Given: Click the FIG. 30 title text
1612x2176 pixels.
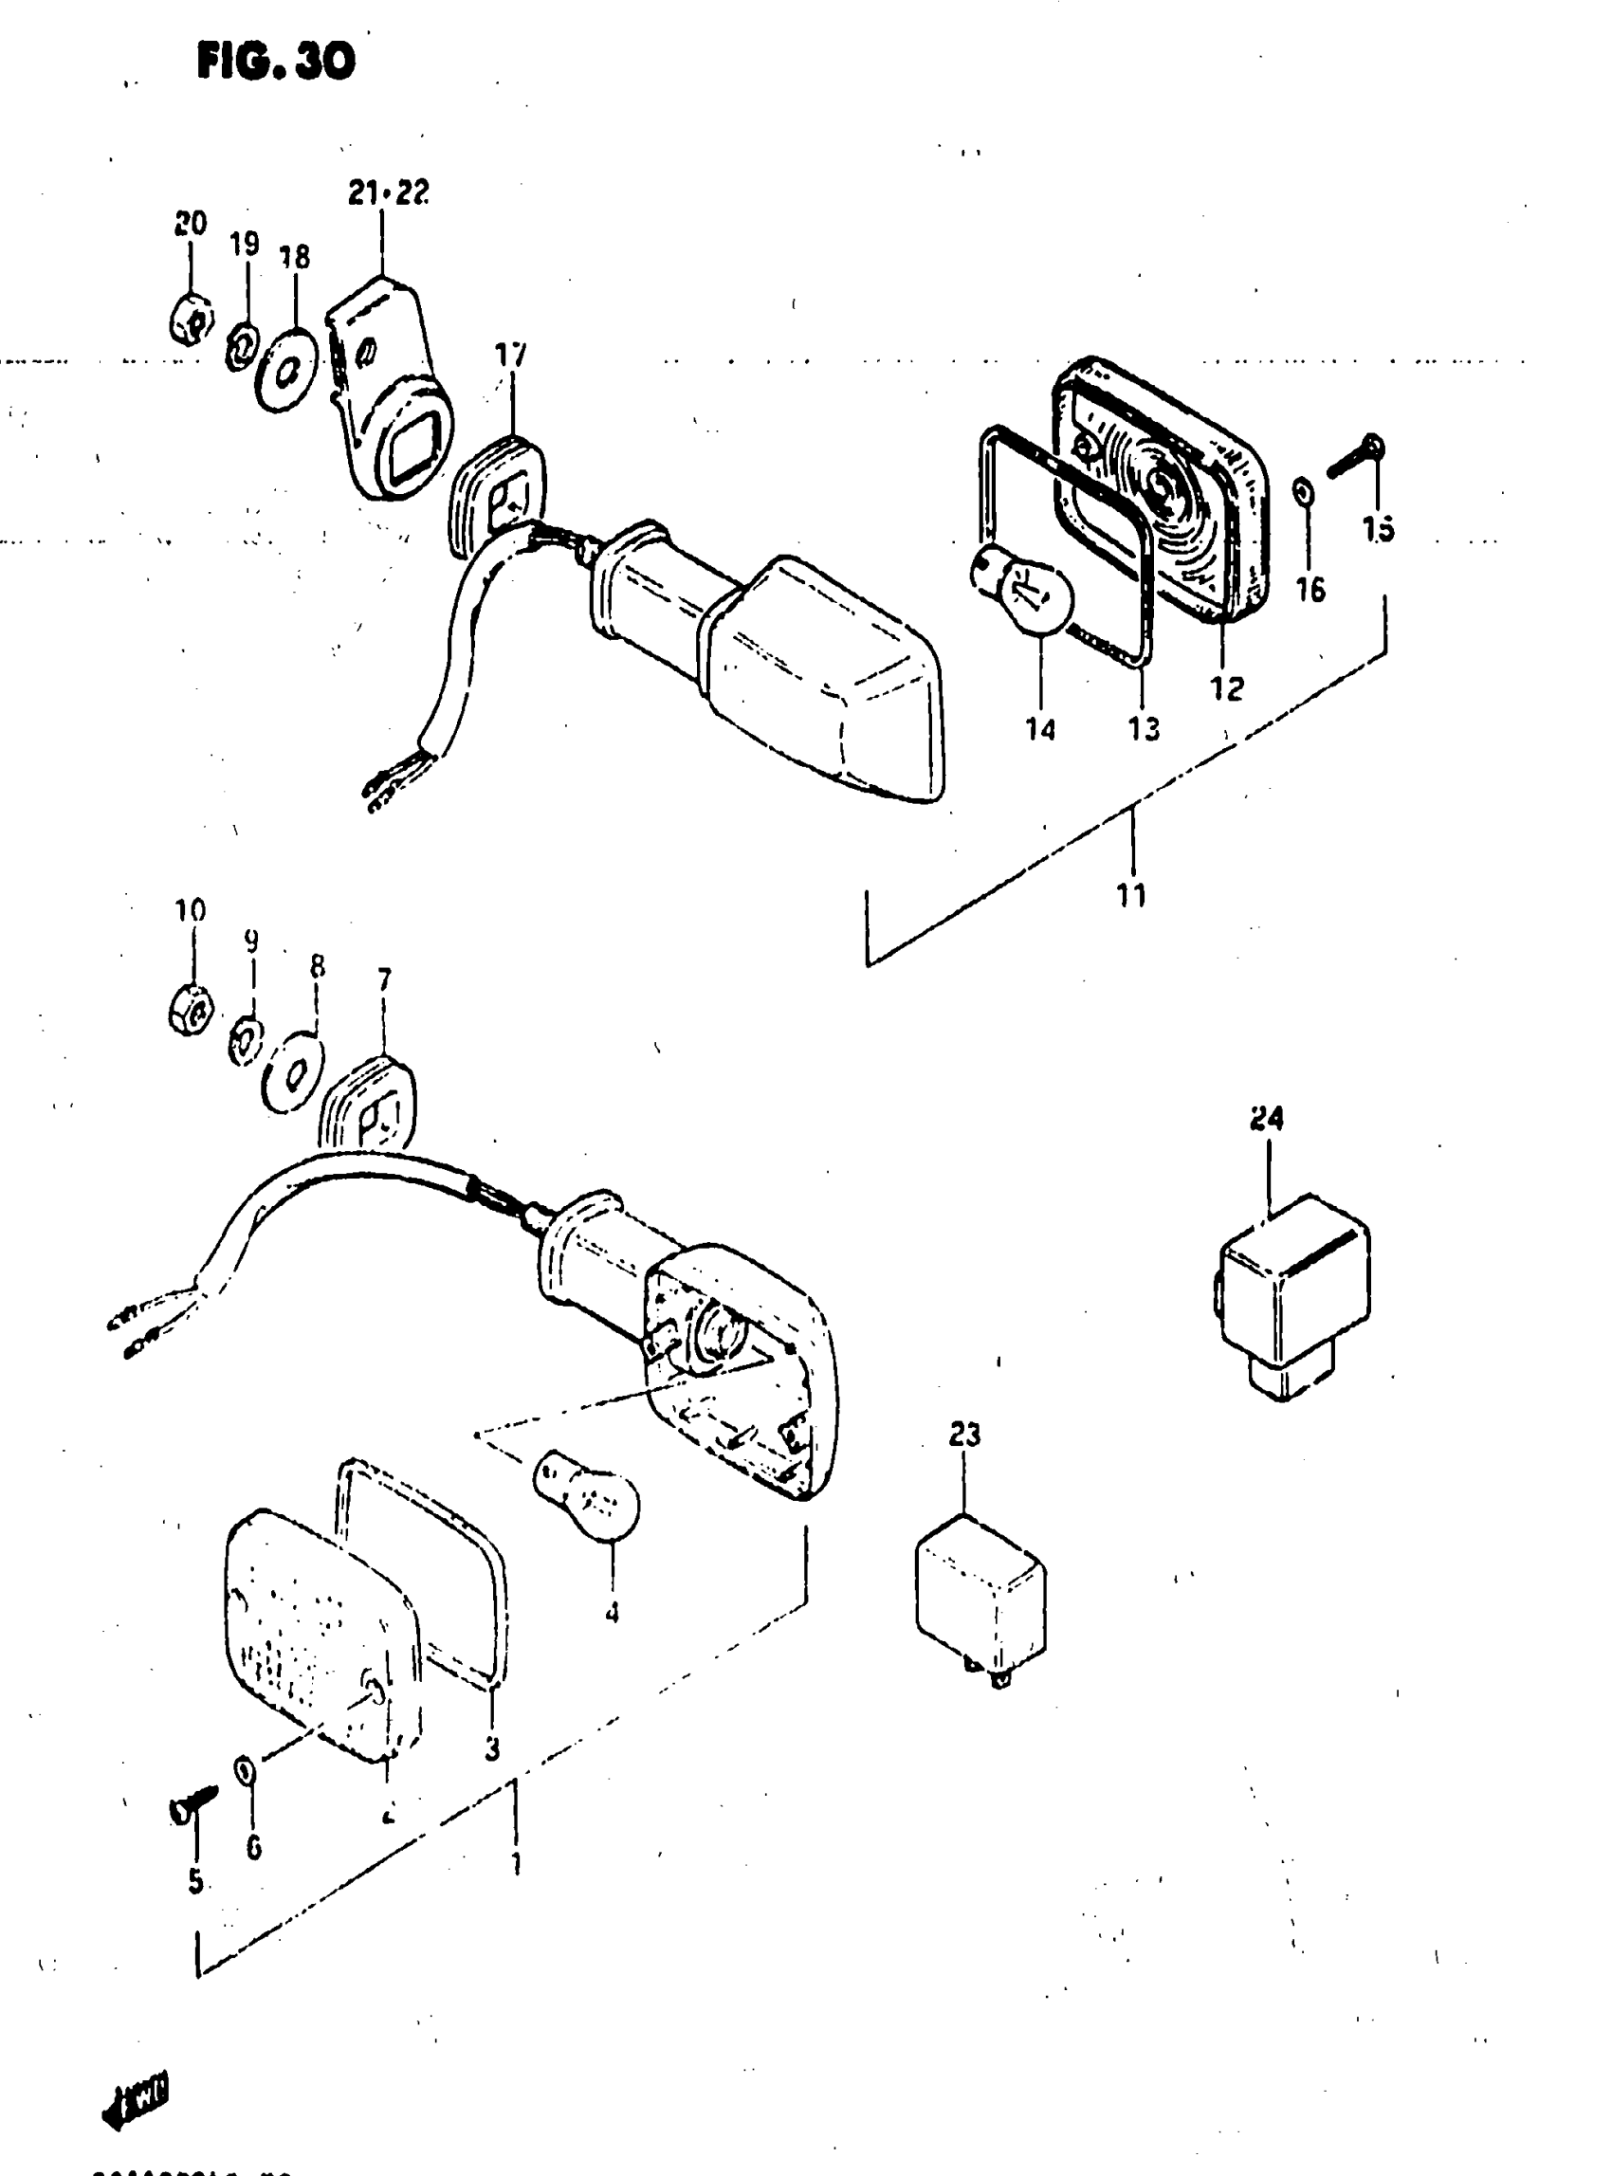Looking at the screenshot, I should tap(276, 63).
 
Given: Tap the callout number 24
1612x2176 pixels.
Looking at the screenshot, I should tap(1267, 1118).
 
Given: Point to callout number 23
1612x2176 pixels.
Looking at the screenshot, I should tap(964, 1435).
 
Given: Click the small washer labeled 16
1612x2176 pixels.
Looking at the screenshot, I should tap(1305, 493).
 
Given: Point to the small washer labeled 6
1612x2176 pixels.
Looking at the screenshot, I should tap(245, 1768).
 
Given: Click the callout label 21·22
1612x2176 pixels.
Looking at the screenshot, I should tap(389, 193).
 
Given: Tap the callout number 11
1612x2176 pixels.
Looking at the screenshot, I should tap(1132, 894).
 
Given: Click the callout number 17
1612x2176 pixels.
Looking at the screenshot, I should tap(510, 355).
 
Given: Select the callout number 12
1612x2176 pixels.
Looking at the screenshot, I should tap(1228, 688).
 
